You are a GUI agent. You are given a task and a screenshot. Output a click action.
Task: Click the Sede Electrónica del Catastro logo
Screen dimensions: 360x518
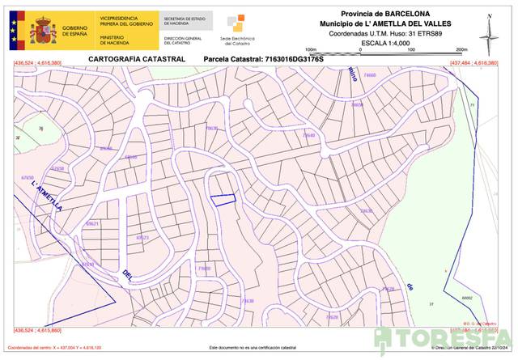(x=236, y=28)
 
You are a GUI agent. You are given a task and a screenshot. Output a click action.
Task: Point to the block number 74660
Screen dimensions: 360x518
(x=370, y=76)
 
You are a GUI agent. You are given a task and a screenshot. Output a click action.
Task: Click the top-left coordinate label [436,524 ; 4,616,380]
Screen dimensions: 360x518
(x=38, y=63)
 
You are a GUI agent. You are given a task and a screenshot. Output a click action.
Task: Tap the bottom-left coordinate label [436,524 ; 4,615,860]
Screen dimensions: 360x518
(x=38, y=331)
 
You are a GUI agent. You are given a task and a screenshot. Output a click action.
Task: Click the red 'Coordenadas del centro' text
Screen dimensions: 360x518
(x=60, y=346)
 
